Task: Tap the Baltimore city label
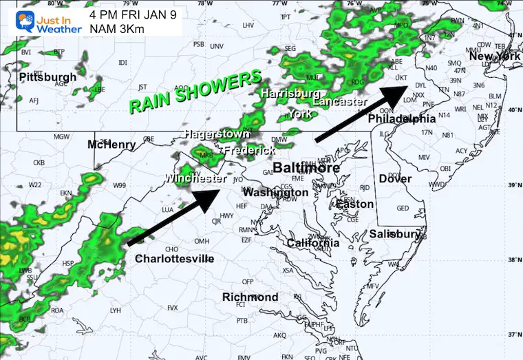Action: (306, 168)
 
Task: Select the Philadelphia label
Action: (403, 119)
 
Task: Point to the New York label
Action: (495, 56)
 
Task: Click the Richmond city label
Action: (250, 297)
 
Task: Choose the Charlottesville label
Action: (174, 259)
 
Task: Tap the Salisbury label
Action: (394, 234)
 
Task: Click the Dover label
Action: (395, 179)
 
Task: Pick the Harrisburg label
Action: (290, 92)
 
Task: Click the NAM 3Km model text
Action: (114, 29)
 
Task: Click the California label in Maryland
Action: (313, 243)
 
